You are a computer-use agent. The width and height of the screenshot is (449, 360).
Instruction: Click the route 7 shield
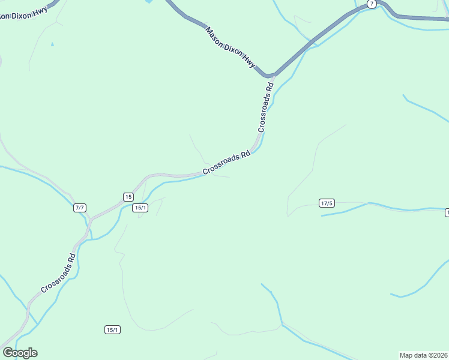372,4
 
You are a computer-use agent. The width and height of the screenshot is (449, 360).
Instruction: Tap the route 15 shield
128,197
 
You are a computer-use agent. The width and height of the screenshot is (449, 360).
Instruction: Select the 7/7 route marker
80,208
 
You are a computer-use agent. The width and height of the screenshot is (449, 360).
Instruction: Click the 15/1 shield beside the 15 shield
140,208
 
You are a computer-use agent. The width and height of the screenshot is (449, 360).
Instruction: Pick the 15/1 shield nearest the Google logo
112,329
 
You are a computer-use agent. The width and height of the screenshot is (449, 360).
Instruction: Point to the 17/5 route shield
327,203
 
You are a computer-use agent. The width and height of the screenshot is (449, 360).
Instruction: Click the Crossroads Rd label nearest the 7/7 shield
59,273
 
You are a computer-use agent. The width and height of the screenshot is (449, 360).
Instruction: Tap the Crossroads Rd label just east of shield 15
226,163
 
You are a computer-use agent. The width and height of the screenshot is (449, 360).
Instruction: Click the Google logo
20,353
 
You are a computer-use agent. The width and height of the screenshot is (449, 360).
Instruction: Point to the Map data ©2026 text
423,355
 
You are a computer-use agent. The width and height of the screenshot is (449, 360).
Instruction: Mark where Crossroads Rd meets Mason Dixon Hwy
271,76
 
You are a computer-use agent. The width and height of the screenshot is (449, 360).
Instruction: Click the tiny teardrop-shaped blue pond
52,44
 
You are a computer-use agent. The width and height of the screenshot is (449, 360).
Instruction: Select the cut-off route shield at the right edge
447,213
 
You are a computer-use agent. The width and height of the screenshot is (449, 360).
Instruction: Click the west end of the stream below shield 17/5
322,215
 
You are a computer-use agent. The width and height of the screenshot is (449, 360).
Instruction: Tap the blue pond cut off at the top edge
148,2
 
